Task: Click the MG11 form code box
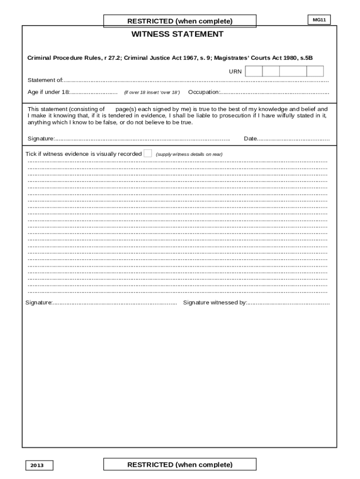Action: tap(319, 20)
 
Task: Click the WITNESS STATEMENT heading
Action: tap(177, 34)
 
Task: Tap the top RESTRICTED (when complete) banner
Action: tap(180, 21)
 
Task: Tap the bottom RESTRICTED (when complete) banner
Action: tap(180, 464)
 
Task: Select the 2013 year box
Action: tap(39, 465)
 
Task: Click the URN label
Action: tap(235, 72)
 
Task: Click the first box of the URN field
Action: tap(254, 71)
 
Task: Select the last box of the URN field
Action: tap(315, 71)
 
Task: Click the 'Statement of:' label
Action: tap(45, 80)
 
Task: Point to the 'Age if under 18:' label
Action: tap(48, 92)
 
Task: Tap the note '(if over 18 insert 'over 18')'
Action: tap(151, 93)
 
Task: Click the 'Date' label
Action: tap(250, 139)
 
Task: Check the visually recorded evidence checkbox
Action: tap(148, 153)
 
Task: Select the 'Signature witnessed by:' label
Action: tap(215, 303)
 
